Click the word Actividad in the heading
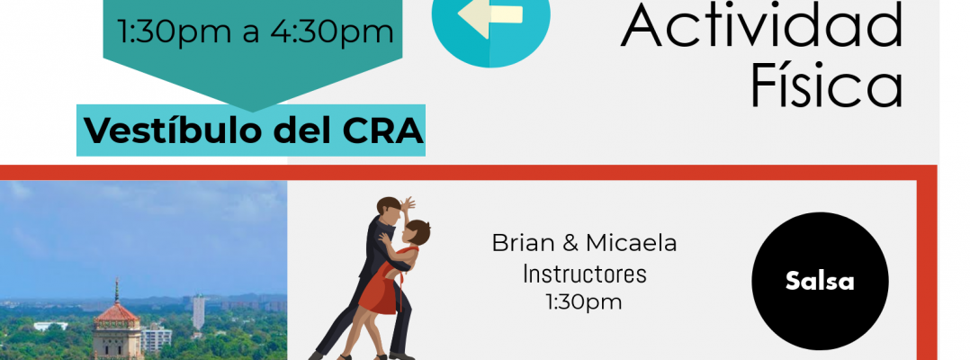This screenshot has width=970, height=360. point(762,23)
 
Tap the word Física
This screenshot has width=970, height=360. point(826,85)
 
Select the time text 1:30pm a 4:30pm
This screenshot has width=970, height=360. point(255,31)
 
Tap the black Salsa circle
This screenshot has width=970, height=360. point(820,281)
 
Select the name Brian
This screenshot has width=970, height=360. point(524,243)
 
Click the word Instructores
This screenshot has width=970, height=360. point(584,274)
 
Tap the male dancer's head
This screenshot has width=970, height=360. point(390,209)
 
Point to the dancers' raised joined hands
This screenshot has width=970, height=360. point(409,203)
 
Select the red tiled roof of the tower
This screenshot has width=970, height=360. point(116,312)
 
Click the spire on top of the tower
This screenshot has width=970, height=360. point(116,290)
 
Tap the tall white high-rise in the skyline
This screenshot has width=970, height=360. point(198,312)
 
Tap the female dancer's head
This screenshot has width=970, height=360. point(418,232)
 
